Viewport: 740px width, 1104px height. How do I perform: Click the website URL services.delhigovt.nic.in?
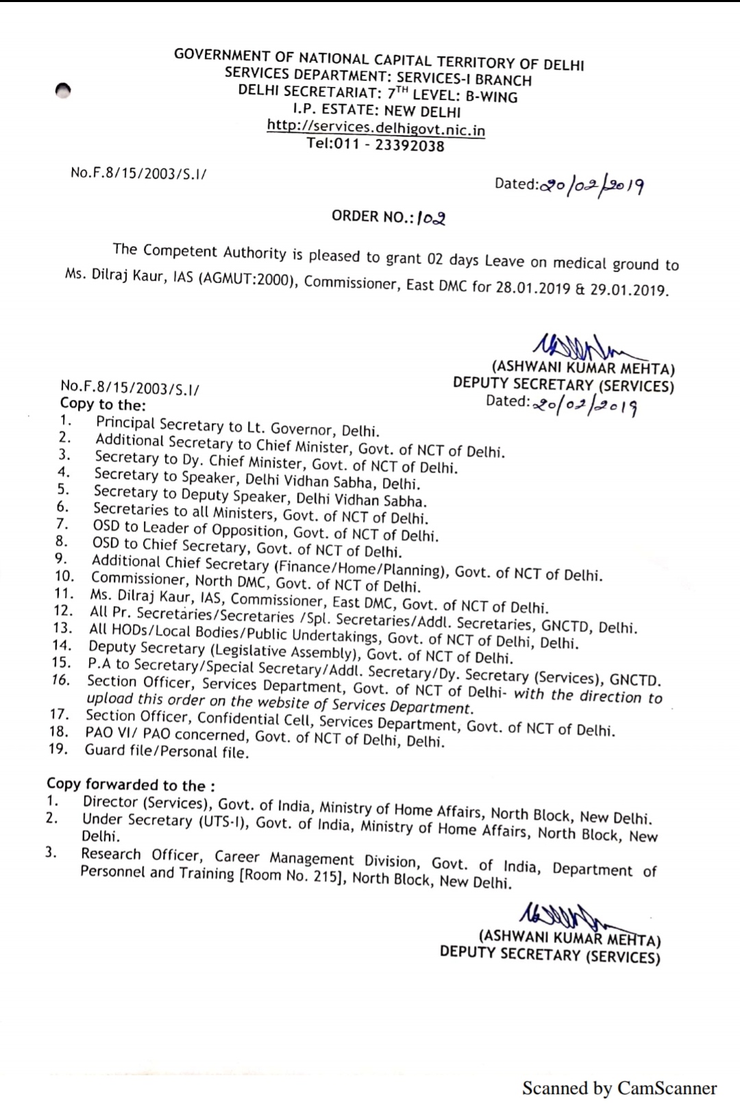tap(375, 128)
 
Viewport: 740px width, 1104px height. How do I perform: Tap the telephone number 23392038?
tap(409, 146)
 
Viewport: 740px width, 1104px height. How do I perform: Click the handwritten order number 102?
tap(432, 219)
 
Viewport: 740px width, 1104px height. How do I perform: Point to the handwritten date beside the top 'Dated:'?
tap(592, 186)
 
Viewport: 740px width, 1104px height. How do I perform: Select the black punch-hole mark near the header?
tap(63, 91)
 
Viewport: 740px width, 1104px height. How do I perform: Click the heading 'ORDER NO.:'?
tap(373, 216)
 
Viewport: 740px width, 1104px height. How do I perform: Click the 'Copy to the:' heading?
tap(103, 404)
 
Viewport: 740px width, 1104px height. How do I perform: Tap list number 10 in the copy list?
tap(64, 577)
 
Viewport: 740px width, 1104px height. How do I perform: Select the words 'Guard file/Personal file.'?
tap(166, 751)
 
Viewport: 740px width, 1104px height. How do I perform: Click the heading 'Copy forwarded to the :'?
tap(131, 784)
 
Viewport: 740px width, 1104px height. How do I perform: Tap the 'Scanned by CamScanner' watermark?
tap(619, 1088)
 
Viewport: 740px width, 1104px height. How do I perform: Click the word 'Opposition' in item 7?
tap(248, 530)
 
